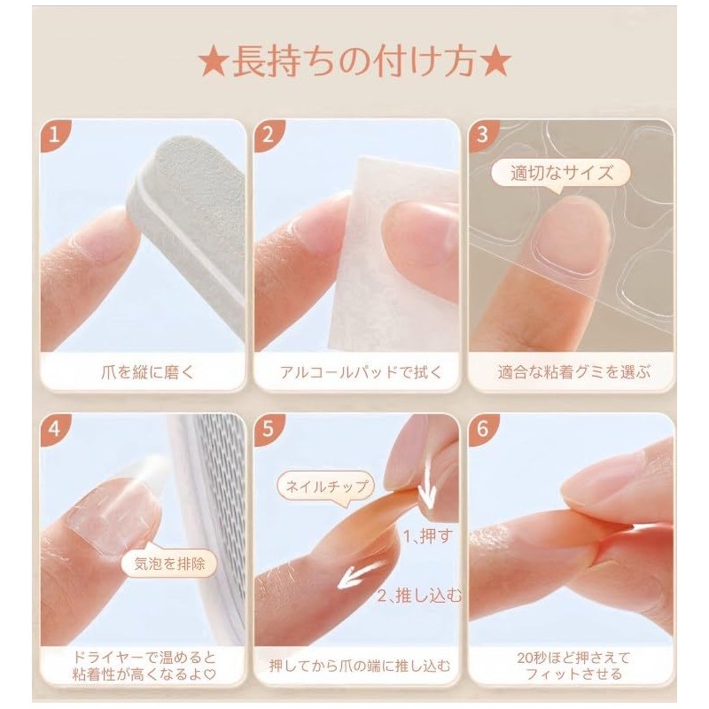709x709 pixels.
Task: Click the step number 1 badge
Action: pos(56,136)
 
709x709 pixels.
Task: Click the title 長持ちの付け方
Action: pos(354,65)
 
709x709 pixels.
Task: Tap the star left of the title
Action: pos(213,65)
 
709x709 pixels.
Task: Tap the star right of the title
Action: pos(496,65)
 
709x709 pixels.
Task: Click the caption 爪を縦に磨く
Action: pos(143,371)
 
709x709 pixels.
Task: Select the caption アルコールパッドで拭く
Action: pos(355,371)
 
